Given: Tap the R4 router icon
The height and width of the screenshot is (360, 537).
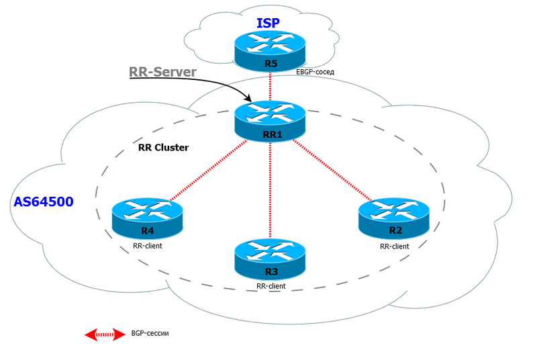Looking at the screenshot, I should click(x=146, y=218).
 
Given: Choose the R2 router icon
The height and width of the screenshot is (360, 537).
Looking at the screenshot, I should click(x=394, y=218).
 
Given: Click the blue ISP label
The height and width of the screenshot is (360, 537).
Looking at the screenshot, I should click(x=269, y=23).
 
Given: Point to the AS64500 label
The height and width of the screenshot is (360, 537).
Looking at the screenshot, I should click(x=44, y=201).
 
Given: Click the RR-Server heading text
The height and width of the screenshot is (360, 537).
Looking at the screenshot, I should click(x=162, y=73).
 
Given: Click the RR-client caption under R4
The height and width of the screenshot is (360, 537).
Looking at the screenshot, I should click(x=148, y=246).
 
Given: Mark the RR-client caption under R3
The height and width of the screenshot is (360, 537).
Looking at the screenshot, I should click(x=271, y=286).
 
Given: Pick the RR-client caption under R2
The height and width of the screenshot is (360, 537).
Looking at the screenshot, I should click(x=395, y=246).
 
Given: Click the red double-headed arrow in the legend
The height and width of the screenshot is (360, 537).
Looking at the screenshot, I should click(x=105, y=334).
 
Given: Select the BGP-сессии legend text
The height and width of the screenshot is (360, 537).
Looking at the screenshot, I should click(x=150, y=333).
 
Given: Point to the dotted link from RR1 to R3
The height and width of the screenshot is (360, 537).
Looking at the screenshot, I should click(x=271, y=188).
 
